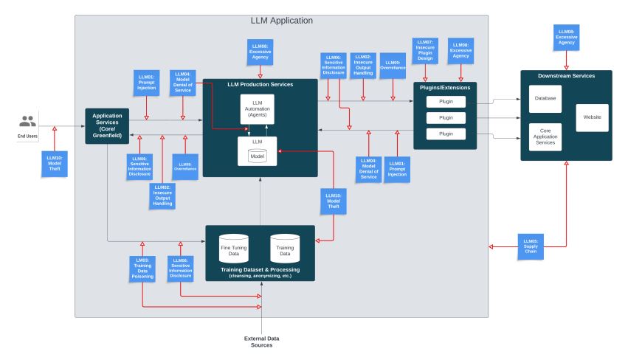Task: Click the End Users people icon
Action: pyautogui.click(x=27, y=121)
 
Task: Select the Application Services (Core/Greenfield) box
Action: pyautogui.click(x=107, y=125)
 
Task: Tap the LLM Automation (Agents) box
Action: pyautogui.click(x=258, y=109)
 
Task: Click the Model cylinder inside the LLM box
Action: pyautogui.click(x=258, y=155)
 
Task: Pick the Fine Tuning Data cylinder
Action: pyautogui.click(x=234, y=249)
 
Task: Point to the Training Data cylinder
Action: pyautogui.click(x=285, y=249)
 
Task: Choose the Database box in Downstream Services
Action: pyautogui.click(x=545, y=98)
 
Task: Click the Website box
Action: pyautogui.click(x=592, y=117)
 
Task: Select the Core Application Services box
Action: pyautogui.click(x=545, y=136)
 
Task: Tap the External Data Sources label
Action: pyautogui.click(x=262, y=342)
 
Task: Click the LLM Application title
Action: pyautogui.click(x=281, y=21)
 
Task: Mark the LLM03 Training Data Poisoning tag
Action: pyautogui.click(x=142, y=267)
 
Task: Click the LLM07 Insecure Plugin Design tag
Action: pyautogui.click(x=425, y=50)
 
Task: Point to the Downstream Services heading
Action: pyautogui.click(x=566, y=76)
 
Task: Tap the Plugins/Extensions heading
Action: pyautogui.click(x=446, y=87)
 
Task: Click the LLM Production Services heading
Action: pyautogui.click(x=260, y=84)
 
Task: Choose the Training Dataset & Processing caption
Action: pyautogui.click(x=260, y=271)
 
